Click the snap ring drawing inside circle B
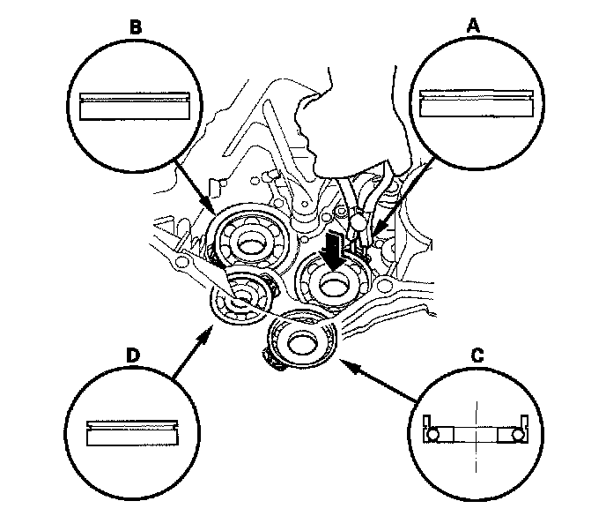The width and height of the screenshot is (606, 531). click(135, 104)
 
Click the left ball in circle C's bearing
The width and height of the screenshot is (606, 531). click(432, 434)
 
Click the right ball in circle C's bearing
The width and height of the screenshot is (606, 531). click(519, 434)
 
